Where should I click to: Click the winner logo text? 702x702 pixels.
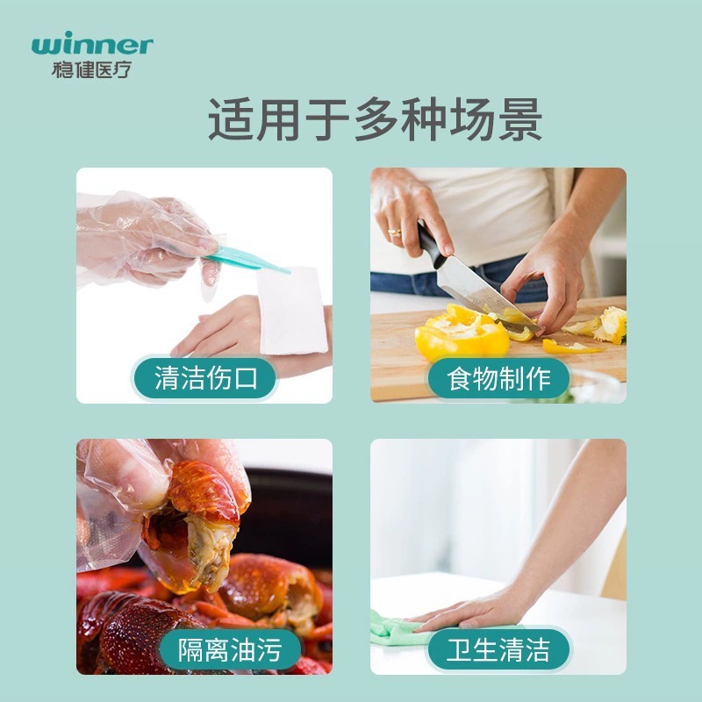91,45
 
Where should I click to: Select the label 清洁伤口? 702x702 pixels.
204,378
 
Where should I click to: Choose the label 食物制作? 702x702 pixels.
498,378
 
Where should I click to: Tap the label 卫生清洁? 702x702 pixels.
498,649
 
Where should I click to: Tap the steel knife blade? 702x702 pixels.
478,290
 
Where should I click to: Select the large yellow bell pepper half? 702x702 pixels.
460,334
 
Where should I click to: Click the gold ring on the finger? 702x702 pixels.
395,233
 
